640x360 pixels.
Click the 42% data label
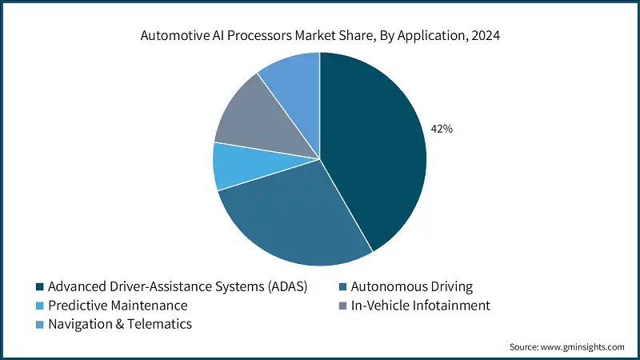point(442,128)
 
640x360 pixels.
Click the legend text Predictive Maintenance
point(118,306)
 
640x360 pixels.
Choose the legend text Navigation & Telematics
point(120,324)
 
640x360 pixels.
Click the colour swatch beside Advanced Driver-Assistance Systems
point(39,286)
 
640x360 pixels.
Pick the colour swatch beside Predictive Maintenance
point(39,306)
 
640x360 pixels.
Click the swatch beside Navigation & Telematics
point(39,324)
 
